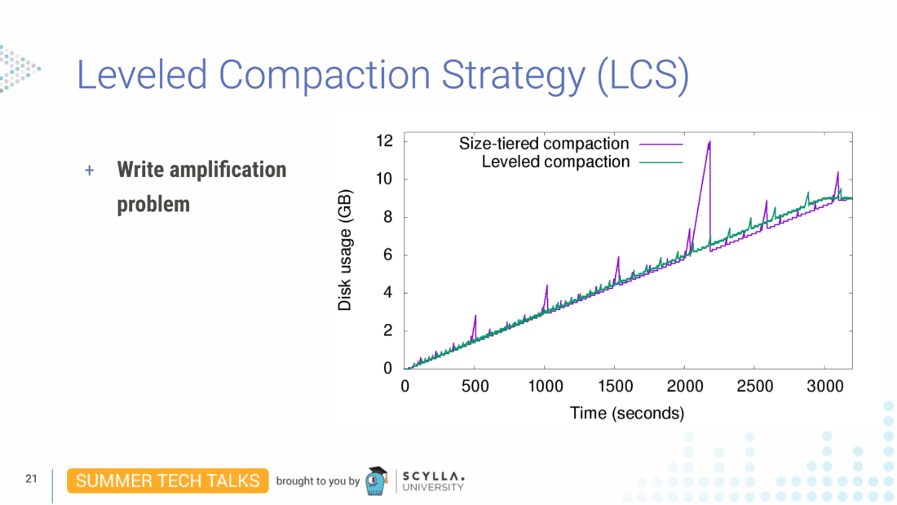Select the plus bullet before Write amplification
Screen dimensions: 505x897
point(90,171)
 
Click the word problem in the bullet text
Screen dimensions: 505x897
point(153,204)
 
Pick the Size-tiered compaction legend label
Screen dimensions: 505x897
point(544,144)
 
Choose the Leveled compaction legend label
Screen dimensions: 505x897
point(555,162)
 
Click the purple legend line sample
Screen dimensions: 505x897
point(661,144)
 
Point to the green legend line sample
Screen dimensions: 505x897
point(661,162)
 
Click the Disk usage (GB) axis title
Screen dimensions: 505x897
point(345,255)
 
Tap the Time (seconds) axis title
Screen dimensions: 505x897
point(626,414)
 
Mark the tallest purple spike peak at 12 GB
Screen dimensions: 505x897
point(709,142)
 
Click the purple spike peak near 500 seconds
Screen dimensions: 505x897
point(475,316)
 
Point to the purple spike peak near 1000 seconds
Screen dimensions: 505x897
point(546,286)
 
